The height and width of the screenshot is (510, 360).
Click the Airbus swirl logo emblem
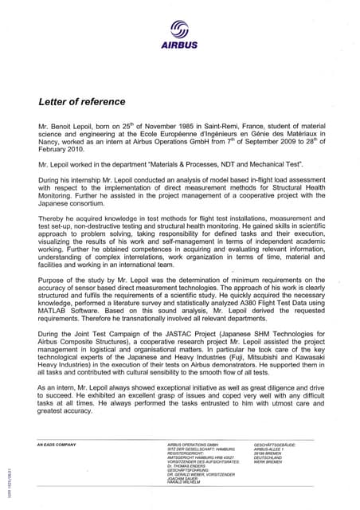tap(181, 31)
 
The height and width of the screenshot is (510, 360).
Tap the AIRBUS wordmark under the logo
tap(180, 47)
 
